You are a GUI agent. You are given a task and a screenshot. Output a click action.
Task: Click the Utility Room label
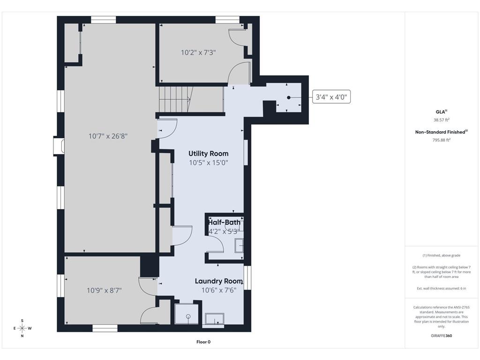click(209, 153)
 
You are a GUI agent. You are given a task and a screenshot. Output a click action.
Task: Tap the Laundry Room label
click(219, 281)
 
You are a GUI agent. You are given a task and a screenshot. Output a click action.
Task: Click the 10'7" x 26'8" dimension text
click(108, 136)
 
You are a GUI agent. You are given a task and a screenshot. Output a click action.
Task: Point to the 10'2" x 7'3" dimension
click(198, 52)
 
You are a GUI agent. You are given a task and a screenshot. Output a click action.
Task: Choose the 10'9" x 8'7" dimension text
click(105, 290)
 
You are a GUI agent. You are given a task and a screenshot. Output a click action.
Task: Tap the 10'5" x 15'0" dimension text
click(209, 163)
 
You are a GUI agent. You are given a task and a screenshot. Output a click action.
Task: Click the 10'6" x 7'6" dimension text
click(219, 290)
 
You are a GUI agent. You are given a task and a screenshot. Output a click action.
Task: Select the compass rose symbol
click(22, 328)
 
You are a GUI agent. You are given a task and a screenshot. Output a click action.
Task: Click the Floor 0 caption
click(203, 342)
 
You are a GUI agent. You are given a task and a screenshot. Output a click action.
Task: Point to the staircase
click(174, 99)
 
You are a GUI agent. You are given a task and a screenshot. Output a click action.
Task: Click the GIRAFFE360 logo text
click(442, 336)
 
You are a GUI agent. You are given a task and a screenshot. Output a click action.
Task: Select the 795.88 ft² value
click(441, 140)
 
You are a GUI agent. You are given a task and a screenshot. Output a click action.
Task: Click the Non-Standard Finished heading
click(441, 132)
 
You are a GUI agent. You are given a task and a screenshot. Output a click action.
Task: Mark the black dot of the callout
click(289, 97)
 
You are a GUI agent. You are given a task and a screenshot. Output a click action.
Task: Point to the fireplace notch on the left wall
click(59, 146)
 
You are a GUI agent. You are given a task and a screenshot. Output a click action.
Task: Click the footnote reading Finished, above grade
click(441, 255)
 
